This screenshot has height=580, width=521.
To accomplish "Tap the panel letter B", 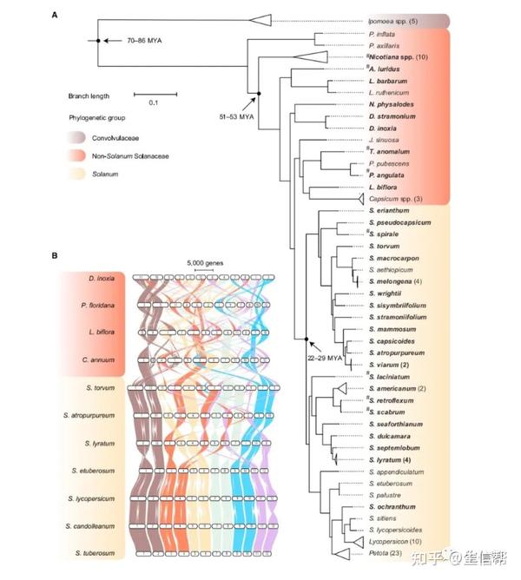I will point(55,255).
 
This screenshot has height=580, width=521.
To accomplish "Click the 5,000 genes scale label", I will point(205,261).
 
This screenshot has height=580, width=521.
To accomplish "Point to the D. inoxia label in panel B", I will point(102,278).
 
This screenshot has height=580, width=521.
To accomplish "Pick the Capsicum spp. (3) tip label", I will point(398,198).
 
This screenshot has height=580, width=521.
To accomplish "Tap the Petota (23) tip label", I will point(387,552).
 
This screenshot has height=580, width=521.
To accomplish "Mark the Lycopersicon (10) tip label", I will point(397,540).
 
